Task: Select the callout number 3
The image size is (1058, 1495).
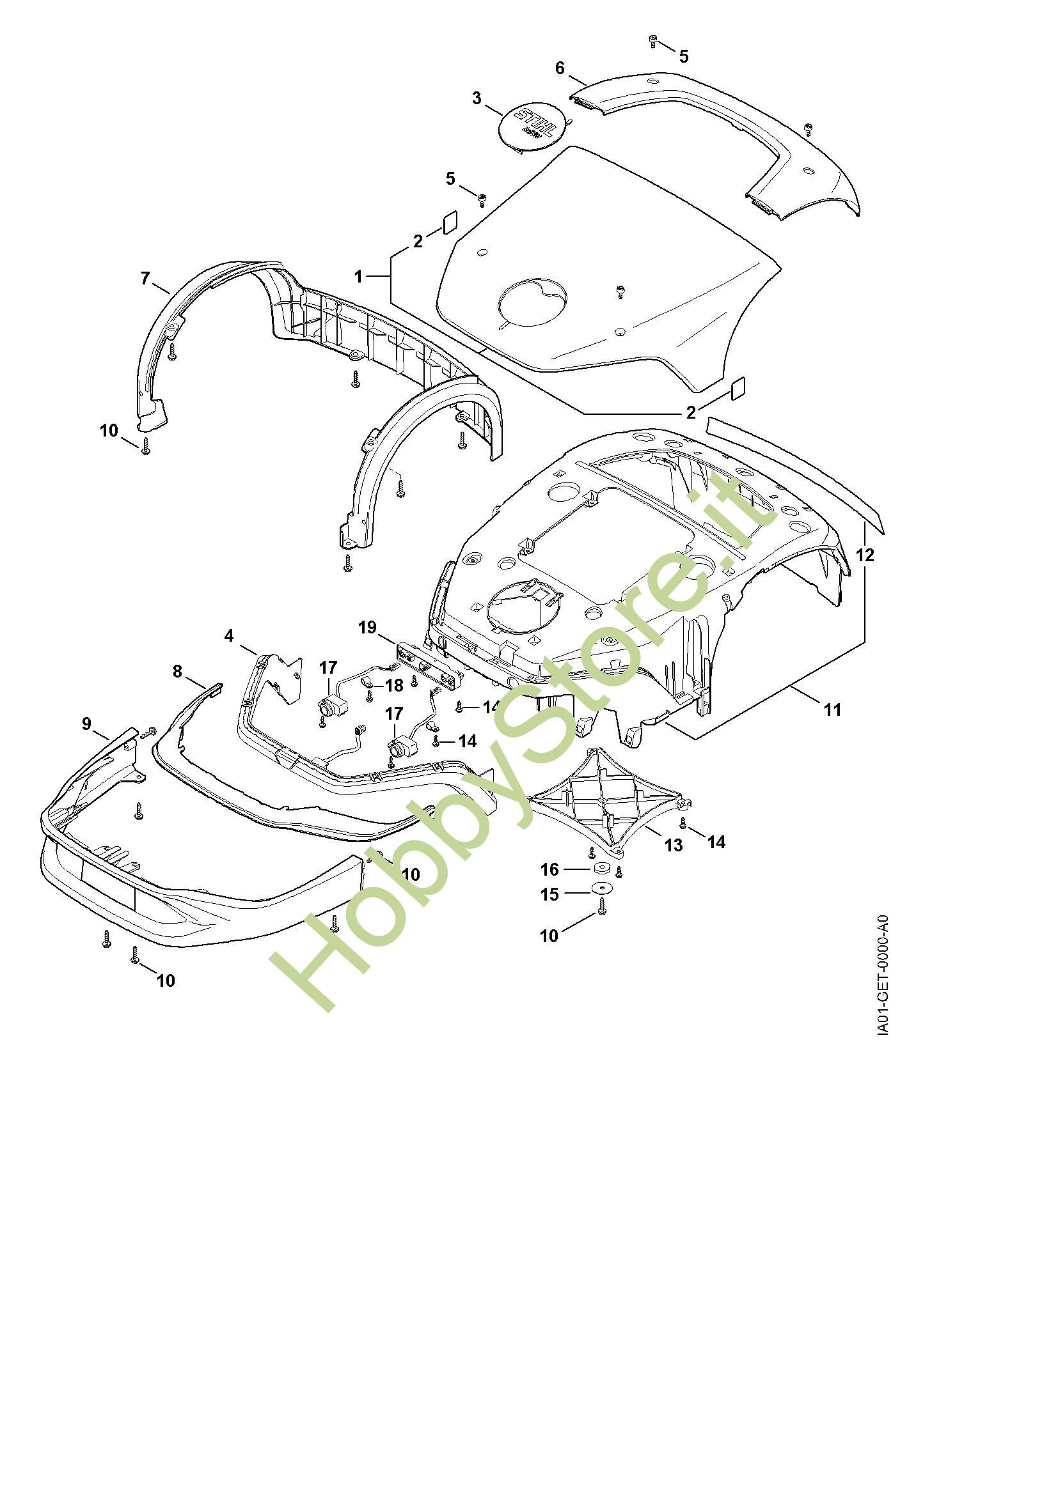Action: [x=477, y=98]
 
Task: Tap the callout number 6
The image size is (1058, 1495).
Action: [x=560, y=68]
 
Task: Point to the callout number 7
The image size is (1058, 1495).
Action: [x=145, y=278]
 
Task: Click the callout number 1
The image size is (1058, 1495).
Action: [x=358, y=276]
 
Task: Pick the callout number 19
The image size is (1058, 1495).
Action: [x=367, y=627]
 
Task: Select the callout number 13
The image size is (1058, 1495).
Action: [x=673, y=844]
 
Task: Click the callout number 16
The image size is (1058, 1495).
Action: [x=550, y=869]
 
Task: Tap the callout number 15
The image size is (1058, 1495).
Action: [x=550, y=895]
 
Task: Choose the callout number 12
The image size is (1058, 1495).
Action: [x=865, y=555]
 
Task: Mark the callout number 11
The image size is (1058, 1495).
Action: [x=833, y=709]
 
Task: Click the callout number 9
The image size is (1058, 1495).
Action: [x=86, y=724]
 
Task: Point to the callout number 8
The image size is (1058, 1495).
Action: [x=177, y=671]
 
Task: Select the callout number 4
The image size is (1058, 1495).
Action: [x=228, y=635]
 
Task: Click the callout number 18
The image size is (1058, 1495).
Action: [x=394, y=685]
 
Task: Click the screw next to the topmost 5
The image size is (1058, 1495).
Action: [x=653, y=42]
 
